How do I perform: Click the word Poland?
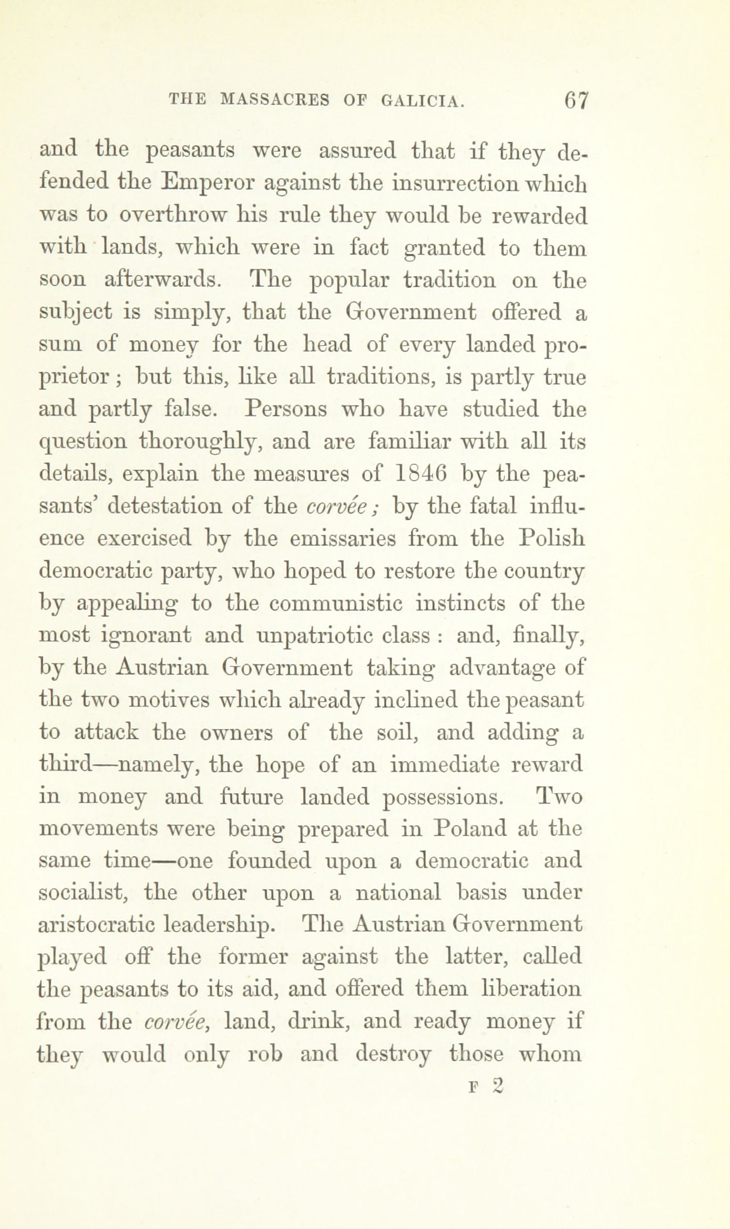coord(469,829)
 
